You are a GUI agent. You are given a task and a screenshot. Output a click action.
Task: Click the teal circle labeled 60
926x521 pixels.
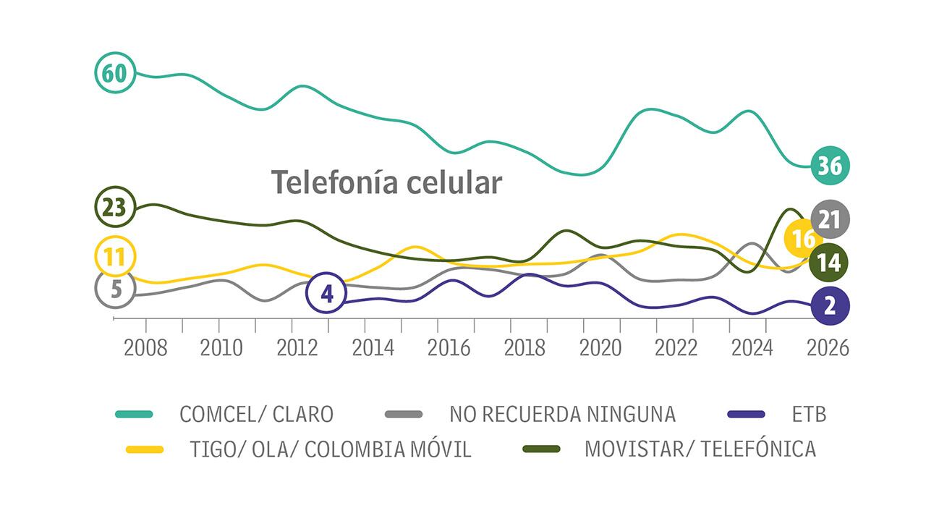coord(115,73)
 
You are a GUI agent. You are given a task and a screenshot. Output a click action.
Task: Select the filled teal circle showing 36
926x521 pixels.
coord(830,166)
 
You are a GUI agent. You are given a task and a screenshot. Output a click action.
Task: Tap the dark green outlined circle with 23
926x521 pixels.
coord(115,207)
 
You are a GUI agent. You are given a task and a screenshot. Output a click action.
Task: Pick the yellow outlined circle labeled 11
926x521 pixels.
coord(115,255)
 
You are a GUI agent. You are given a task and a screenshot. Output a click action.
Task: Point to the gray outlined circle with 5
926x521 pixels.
coord(115,288)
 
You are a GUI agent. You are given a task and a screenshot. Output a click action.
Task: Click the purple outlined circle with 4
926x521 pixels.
coord(327,294)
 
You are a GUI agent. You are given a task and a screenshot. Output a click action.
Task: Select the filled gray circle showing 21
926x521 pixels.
coord(830,219)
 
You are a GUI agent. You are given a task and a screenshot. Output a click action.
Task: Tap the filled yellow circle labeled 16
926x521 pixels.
coord(803,240)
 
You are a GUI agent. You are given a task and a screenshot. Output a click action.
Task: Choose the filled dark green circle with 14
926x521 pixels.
coord(830,263)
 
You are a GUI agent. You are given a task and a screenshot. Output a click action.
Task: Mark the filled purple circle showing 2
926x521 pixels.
coord(830,305)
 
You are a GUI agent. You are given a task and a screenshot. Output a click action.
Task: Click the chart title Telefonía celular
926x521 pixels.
coord(386,182)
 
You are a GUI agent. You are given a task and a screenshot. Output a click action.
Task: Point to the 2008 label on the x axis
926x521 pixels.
coord(145,347)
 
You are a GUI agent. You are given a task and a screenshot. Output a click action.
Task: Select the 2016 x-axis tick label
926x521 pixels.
coord(449,347)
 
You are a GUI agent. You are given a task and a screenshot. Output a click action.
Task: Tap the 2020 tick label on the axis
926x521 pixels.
coord(601,347)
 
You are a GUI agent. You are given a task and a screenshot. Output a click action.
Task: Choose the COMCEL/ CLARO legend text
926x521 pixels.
coord(256,414)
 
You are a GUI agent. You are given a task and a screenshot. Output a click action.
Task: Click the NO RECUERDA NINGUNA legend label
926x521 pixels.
coord(562,414)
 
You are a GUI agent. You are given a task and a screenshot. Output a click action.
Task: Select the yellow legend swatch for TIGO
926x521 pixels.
coord(145,449)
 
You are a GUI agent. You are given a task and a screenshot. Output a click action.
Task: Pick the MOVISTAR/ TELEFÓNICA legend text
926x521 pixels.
coord(700,449)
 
